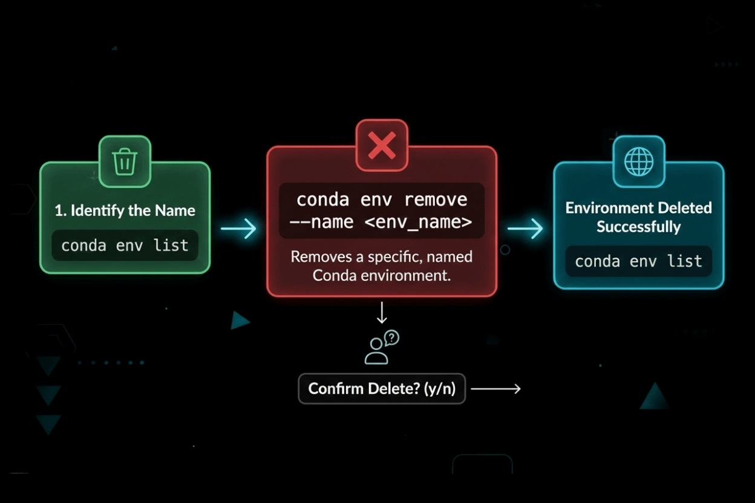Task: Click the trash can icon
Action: [x=125, y=161]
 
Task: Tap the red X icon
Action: [x=382, y=146]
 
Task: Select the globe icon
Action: [x=639, y=162]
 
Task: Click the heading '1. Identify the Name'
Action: [x=125, y=210]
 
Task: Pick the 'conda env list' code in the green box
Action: [x=125, y=245]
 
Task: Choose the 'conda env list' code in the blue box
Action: [x=638, y=261]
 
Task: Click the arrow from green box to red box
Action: [x=238, y=229]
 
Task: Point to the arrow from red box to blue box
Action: [x=525, y=229]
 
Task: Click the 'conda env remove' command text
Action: [x=382, y=200]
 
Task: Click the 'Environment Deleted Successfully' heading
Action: [x=638, y=217]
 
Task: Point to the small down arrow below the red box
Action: [x=382, y=313]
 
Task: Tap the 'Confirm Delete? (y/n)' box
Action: [x=382, y=388]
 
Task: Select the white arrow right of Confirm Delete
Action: [x=495, y=389]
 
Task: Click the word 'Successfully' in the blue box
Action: [x=638, y=227]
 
